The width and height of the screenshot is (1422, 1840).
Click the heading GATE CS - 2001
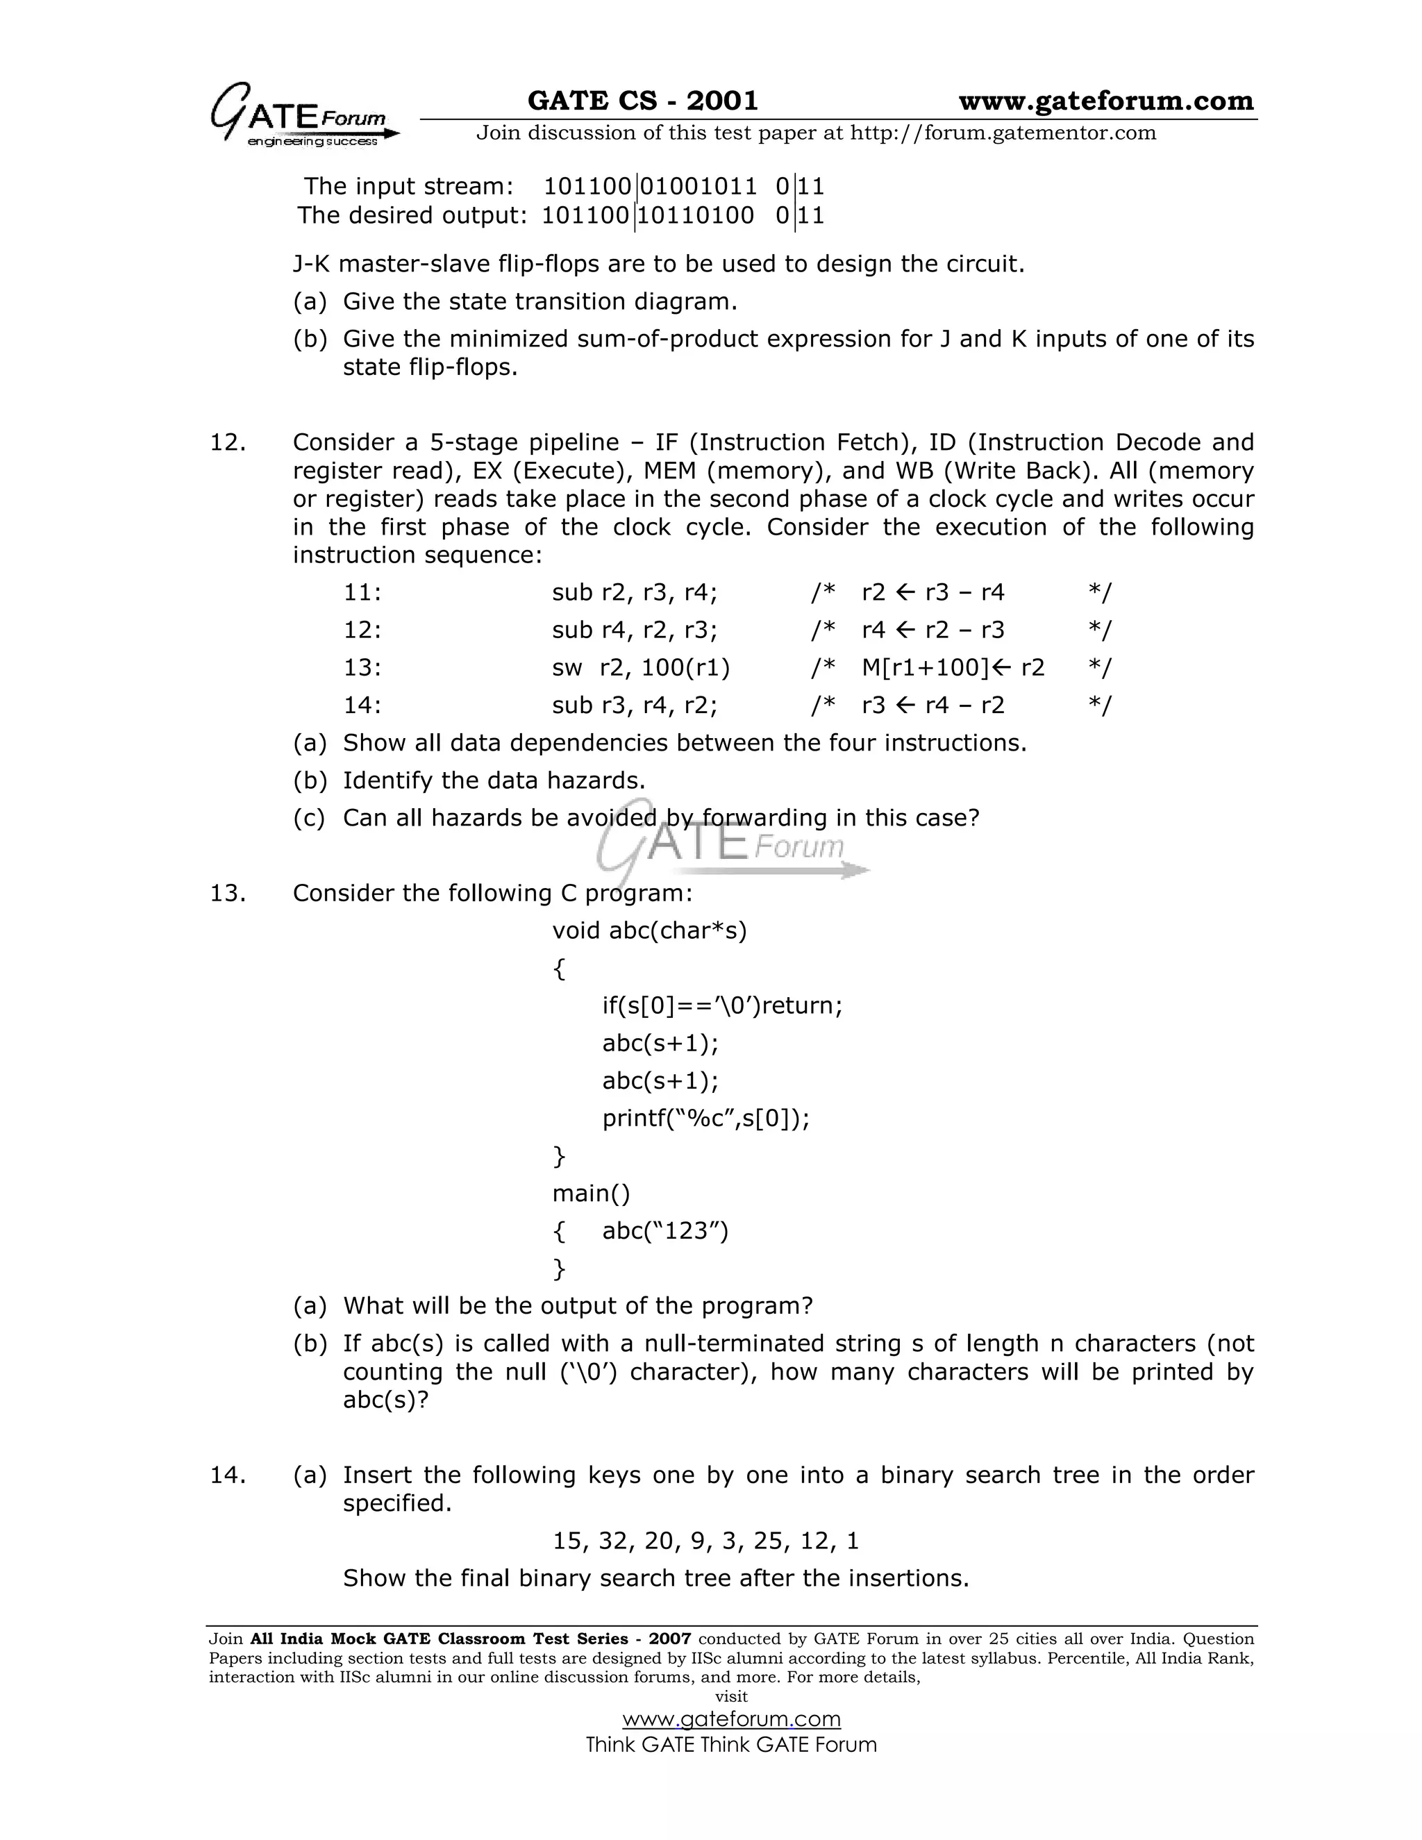tap(642, 101)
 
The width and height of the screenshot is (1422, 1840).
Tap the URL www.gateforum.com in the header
tap(1105, 101)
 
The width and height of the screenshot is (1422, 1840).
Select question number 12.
tap(228, 442)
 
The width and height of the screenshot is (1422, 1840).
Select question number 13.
tap(228, 892)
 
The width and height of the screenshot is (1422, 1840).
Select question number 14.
tap(228, 1474)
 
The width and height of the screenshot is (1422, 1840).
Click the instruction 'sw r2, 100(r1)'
tap(640, 667)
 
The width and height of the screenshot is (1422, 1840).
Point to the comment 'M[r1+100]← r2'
tap(952, 667)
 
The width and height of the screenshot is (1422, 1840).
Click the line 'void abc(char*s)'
tap(649, 930)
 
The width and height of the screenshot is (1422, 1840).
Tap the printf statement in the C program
tap(705, 1118)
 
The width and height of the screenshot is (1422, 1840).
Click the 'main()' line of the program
tap(591, 1193)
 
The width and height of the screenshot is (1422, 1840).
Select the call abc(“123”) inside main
tap(664, 1231)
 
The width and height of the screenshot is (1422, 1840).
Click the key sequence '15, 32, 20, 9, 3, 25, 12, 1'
tap(705, 1541)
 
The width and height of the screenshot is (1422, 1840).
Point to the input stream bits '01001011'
tap(698, 186)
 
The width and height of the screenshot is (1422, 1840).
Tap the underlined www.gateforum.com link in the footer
tap(730, 1718)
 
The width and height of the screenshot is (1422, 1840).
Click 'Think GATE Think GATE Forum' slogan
tap(730, 1744)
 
